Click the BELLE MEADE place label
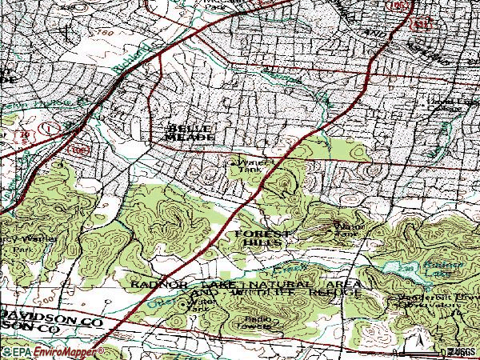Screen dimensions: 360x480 click(190, 133)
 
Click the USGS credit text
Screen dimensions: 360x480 click(462, 351)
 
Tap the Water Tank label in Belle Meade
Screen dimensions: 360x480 click(248, 165)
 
